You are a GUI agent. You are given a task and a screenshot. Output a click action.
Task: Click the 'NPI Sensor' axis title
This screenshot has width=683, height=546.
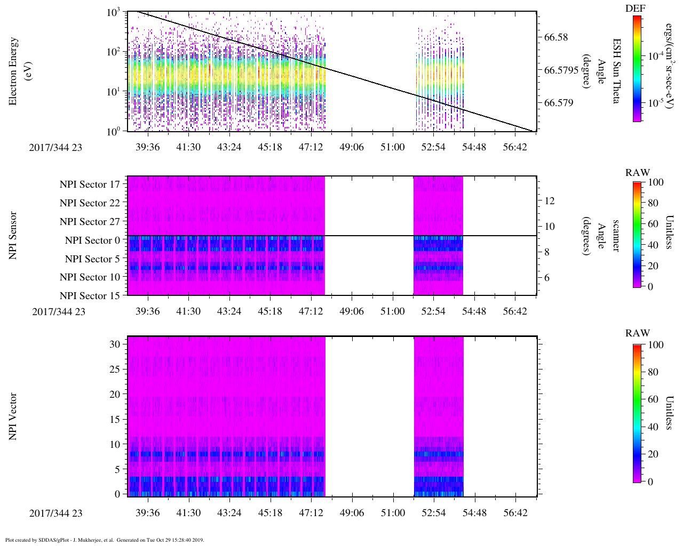[13, 235]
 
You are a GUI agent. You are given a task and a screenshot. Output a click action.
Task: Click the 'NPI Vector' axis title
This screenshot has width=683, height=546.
[13, 416]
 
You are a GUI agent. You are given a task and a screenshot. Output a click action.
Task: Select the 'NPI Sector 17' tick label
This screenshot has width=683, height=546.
[90, 184]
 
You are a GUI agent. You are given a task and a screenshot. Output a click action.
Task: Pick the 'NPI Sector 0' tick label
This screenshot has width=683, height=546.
[92, 240]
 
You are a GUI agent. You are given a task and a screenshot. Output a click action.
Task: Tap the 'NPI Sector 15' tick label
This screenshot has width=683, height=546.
[90, 296]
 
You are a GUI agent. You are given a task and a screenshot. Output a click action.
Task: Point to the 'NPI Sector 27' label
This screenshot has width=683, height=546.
[90, 222]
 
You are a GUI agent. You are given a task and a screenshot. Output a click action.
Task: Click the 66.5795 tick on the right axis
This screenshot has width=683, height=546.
[561, 70]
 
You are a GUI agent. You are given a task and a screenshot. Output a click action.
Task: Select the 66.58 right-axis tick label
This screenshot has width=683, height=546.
[556, 37]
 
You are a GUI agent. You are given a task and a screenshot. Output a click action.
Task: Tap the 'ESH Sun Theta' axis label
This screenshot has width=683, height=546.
[616, 71]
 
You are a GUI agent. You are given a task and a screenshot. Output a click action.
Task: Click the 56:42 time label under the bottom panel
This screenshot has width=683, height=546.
[515, 513]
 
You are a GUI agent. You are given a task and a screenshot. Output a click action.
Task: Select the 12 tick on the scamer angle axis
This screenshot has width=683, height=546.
[550, 201]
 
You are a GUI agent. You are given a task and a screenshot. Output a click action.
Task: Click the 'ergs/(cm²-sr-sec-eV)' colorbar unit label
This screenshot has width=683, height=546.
[669, 69]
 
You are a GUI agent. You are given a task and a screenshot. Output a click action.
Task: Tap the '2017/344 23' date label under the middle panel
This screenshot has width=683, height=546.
[58, 312]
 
